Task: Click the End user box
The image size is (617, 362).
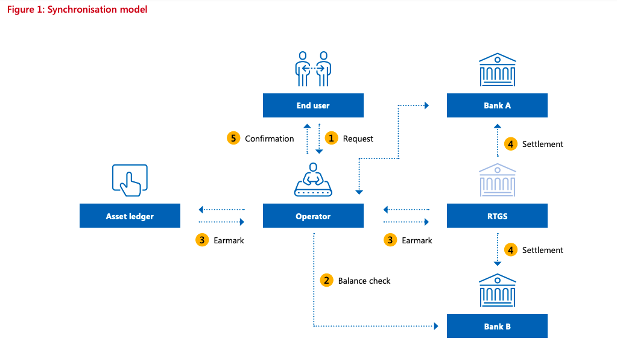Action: [313, 105]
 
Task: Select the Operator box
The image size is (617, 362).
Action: [313, 216]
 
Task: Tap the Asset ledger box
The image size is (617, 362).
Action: [130, 216]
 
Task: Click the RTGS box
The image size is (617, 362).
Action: [497, 216]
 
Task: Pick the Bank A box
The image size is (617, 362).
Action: [497, 105]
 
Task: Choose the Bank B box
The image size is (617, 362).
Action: [497, 326]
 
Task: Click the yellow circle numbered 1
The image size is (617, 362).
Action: [331, 138]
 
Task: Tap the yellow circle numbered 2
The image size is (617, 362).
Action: [326, 280]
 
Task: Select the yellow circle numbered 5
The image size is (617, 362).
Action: [233, 138]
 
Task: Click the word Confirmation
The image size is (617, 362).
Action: [269, 139]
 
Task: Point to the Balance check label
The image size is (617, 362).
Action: [364, 281]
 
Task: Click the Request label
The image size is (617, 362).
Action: [358, 139]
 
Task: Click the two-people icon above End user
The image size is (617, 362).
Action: [313, 68]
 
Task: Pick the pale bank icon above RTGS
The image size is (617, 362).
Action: [497, 180]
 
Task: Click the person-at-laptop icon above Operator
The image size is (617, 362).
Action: [313, 180]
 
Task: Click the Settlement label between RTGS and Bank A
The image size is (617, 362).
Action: [542, 144]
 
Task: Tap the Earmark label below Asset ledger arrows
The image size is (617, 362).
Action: [229, 240]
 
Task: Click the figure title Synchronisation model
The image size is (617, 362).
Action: [77, 10]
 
